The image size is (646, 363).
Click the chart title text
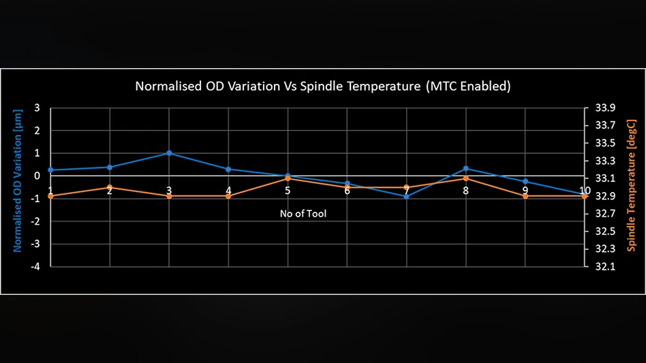click(323, 86)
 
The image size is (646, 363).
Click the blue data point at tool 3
click(169, 153)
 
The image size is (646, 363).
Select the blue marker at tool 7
click(407, 196)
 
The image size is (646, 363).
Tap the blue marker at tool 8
click(466, 168)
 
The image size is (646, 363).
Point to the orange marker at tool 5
click(288, 178)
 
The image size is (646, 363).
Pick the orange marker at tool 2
click(110, 187)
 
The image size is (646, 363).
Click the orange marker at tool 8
click(466, 178)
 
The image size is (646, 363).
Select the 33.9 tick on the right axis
click(605, 108)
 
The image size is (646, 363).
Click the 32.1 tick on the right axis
click(605, 266)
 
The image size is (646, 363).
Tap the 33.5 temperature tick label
click(605, 143)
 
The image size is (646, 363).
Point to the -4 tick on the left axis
click(35, 266)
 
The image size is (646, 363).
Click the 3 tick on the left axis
click(37, 108)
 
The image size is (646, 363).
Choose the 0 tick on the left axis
click(37, 176)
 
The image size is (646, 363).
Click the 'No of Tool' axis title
click(303, 214)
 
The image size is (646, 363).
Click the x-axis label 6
click(347, 191)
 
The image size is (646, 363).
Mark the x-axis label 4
click(228, 191)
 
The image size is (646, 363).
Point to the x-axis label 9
click(525, 191)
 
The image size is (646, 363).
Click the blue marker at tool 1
click(50, 170)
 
